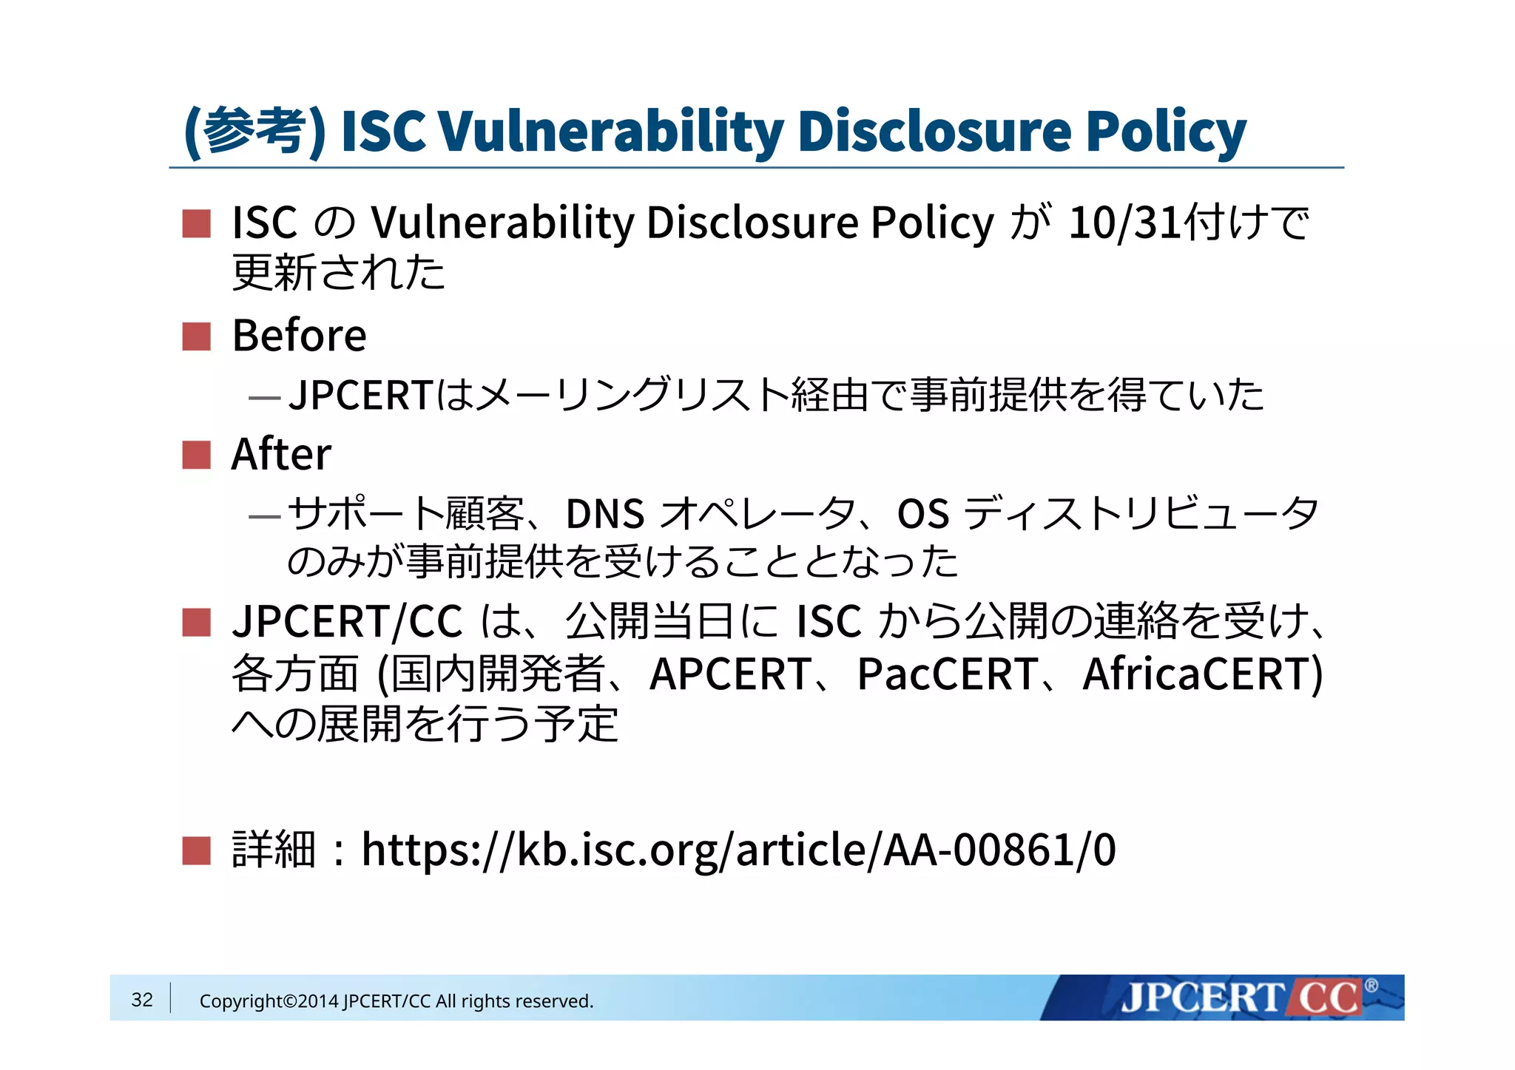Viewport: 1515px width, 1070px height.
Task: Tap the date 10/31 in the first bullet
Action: click(1125, 222)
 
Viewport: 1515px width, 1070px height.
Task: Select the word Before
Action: click(299, 336)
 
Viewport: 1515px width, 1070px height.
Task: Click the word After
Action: click(281, 454)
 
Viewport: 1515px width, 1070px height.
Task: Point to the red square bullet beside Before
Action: click(197, 336)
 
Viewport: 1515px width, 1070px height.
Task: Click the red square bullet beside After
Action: click(197, 455)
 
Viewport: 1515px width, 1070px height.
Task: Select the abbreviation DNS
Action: click(605, 514)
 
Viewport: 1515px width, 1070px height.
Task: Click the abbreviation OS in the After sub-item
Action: click(922, 514)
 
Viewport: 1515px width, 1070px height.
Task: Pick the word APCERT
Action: click(729, 674)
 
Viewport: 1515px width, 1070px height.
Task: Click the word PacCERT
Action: click(947, 674)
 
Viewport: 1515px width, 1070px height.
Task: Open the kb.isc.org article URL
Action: click(738, 850)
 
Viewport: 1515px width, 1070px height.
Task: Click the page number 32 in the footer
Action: click(142, 1000)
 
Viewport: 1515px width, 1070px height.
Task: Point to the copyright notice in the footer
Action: click(397, 1001)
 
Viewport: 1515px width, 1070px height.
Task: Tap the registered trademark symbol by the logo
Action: click(1371, 986)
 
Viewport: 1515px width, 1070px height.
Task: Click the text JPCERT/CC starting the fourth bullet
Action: click(347, 621)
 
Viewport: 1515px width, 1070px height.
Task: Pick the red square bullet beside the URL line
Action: click(197, 850)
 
